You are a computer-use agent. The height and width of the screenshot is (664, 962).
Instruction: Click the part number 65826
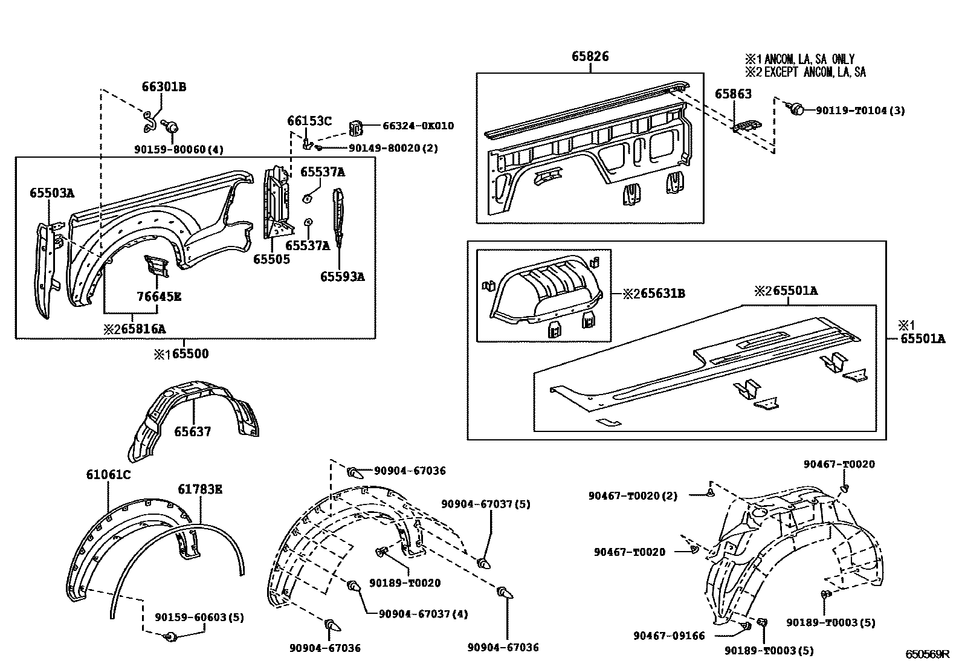point(590,57)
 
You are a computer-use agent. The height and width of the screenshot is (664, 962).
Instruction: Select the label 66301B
point(164,87)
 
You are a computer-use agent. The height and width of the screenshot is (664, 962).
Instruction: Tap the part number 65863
point(733,94)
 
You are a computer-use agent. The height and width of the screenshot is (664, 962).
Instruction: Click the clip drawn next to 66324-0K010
point(356,127)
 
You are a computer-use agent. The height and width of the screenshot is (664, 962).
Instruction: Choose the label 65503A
point(52,193)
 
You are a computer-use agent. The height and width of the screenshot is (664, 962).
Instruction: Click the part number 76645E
point(160,297)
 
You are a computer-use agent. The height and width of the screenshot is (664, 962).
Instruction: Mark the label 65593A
point(342,277)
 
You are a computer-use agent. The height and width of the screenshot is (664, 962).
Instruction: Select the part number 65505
point(271,259)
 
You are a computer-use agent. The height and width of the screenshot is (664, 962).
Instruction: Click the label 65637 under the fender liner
point(193,432)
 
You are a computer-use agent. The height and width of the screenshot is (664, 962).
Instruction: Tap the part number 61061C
point(108,475)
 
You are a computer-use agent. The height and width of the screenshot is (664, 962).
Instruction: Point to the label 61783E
point(199,489)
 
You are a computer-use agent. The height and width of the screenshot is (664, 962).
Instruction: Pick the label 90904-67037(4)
point(423,614)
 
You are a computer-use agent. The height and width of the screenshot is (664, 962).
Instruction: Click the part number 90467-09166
point(669,636)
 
